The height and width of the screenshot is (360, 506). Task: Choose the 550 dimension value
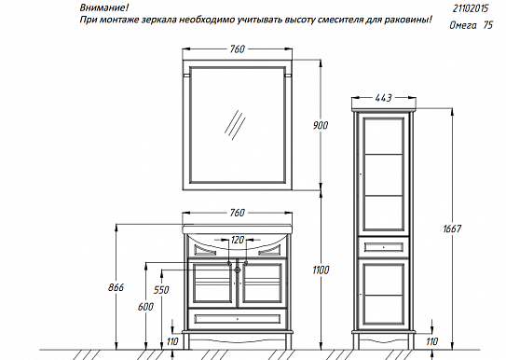(x=162, y=291)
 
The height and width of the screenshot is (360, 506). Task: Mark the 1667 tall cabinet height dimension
(x=452, y=228)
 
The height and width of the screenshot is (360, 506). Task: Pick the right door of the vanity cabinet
(x=263, y=284)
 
